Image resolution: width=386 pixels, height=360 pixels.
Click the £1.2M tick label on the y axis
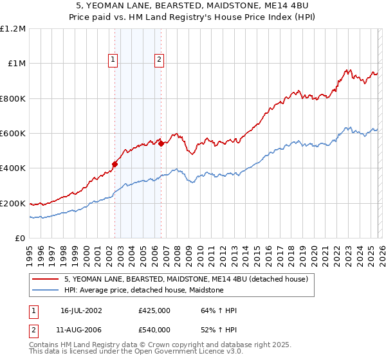click(x=14, y=29)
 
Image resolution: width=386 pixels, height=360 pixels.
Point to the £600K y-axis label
click(x=14, y=134)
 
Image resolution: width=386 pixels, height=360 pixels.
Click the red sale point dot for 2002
click(x=115, y=164)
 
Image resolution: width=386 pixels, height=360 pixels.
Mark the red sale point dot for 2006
click(x=161, y=144)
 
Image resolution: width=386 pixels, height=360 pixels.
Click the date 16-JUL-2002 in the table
click(x=81, y=310)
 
